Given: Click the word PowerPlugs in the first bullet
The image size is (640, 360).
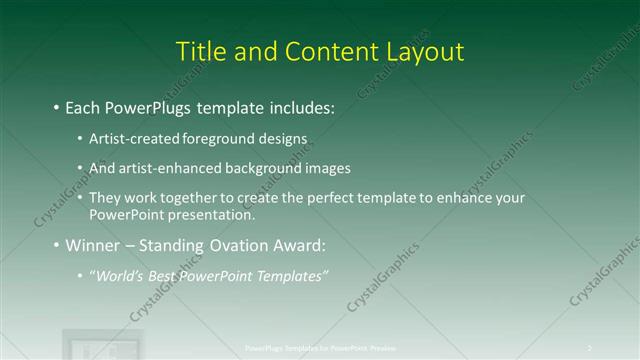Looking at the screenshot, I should (146, 106).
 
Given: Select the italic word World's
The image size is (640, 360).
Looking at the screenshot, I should (118, 275).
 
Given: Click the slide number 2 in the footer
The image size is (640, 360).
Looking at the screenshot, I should (590, 348).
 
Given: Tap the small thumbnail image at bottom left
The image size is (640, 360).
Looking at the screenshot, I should (89, 344).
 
